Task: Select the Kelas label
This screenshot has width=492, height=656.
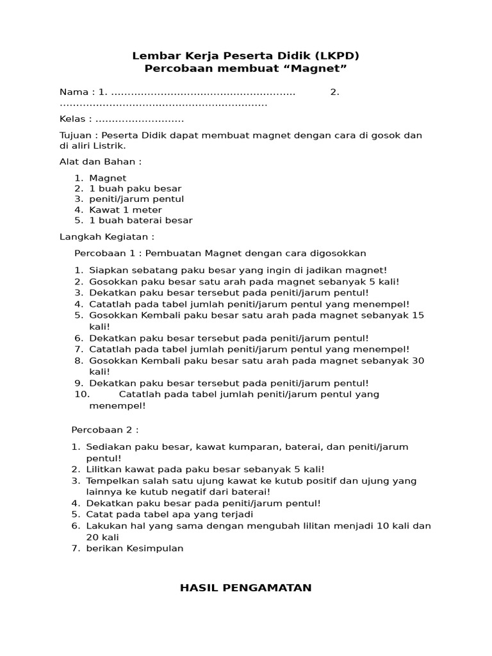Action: tap(72, 119)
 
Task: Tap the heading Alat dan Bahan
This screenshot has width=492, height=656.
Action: tap(101, 161)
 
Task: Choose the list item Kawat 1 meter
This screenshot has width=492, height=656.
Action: tap(126, 209)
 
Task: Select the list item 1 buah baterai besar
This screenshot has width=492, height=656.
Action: tap(141, 220)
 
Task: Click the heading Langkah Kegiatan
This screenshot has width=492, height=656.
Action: tap(107, 236)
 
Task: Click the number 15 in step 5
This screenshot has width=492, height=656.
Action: tap(418, 315)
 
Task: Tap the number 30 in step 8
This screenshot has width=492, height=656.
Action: tap(418, 361)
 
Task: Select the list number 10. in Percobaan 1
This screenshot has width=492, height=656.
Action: tap(83, 394)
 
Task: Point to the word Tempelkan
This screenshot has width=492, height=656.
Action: tap(112, 480)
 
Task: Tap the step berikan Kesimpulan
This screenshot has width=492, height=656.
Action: tap(135, 548)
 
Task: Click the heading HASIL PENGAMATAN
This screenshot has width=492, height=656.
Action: tap(245, 587)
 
